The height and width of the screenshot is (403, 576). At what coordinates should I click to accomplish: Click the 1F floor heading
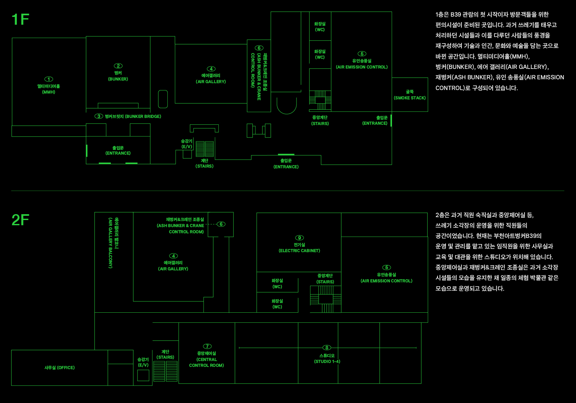coord(20,19)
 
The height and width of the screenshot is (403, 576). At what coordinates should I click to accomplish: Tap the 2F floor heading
coord(20,220)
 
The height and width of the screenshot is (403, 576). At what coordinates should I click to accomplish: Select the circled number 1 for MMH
coord(49,79)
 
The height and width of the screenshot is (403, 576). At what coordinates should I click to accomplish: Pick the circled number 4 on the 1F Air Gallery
coord(211,69)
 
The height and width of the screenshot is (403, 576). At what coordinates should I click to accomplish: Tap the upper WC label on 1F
coord(320,27)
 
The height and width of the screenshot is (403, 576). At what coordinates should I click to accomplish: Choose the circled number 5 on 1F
coord(362,54)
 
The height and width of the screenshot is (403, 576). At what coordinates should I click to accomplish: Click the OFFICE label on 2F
coord(59,368)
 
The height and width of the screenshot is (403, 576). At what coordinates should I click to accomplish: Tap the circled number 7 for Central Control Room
coord(207,346)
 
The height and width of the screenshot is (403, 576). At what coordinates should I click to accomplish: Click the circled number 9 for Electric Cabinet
coord(299,238)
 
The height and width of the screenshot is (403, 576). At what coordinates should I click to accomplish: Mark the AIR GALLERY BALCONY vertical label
coord(113,243)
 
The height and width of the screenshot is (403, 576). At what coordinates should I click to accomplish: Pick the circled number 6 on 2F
coord(221,224)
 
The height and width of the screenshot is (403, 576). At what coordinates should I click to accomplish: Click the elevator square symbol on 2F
coord(143,375)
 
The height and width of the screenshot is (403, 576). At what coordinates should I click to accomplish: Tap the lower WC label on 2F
coord(277,304)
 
